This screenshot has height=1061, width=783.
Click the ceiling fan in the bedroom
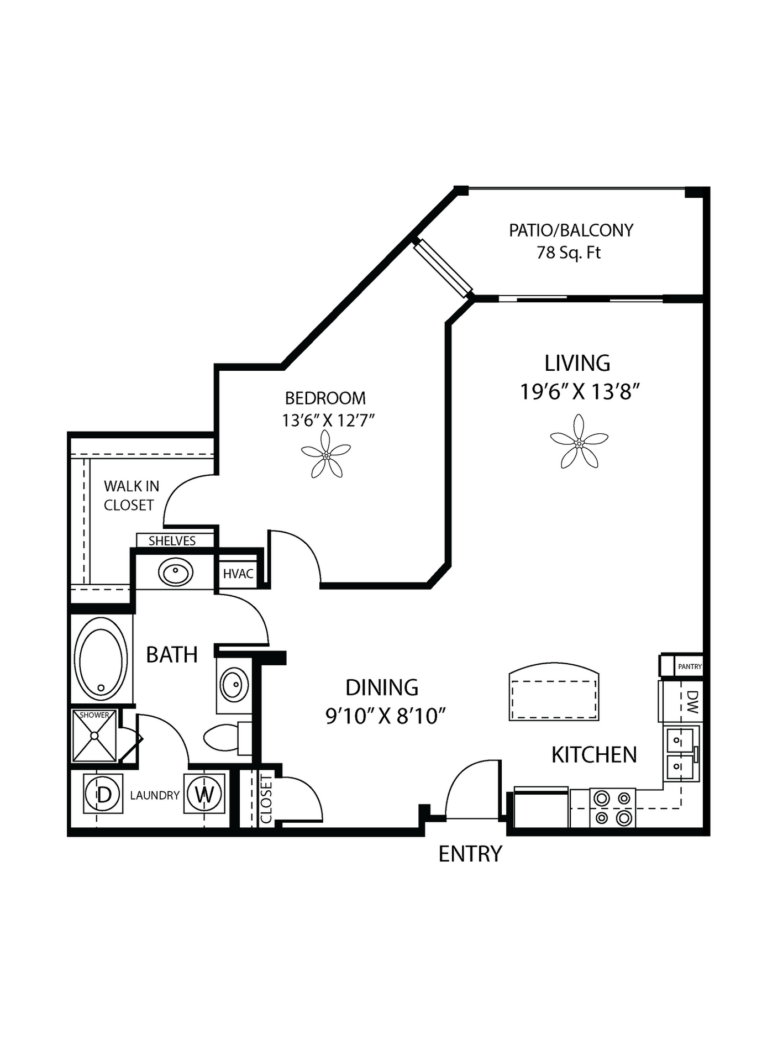tap(326, 455)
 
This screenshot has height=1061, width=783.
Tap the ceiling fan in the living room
tap(579, 442)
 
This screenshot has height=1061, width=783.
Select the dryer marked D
tap(103, 794)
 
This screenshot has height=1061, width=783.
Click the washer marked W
tap(204, 794)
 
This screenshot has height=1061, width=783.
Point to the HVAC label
tap(238, 574)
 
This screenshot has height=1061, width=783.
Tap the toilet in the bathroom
tap(228, 738)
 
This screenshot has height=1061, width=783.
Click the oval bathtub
tap(101, 659)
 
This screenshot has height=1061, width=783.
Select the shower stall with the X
tap(94, 736)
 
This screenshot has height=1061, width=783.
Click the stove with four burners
tap(613, 807)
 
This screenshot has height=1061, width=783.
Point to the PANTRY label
tap(690, 666)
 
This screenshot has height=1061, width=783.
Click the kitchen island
tap(554, 691)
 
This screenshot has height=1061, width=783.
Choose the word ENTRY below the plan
tap(470, 854)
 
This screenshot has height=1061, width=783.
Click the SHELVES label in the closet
tap(172, 540)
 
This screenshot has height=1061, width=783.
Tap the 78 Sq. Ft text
tap(569, 253)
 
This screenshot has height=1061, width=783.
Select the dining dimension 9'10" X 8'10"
tap(386, 716)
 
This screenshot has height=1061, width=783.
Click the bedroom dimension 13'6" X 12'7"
tap(328, 421)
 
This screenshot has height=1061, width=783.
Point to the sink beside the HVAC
tap(176, 572)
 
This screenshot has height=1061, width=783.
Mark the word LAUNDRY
tap(155, 795)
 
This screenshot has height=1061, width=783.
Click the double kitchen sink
tap(681, 753)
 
